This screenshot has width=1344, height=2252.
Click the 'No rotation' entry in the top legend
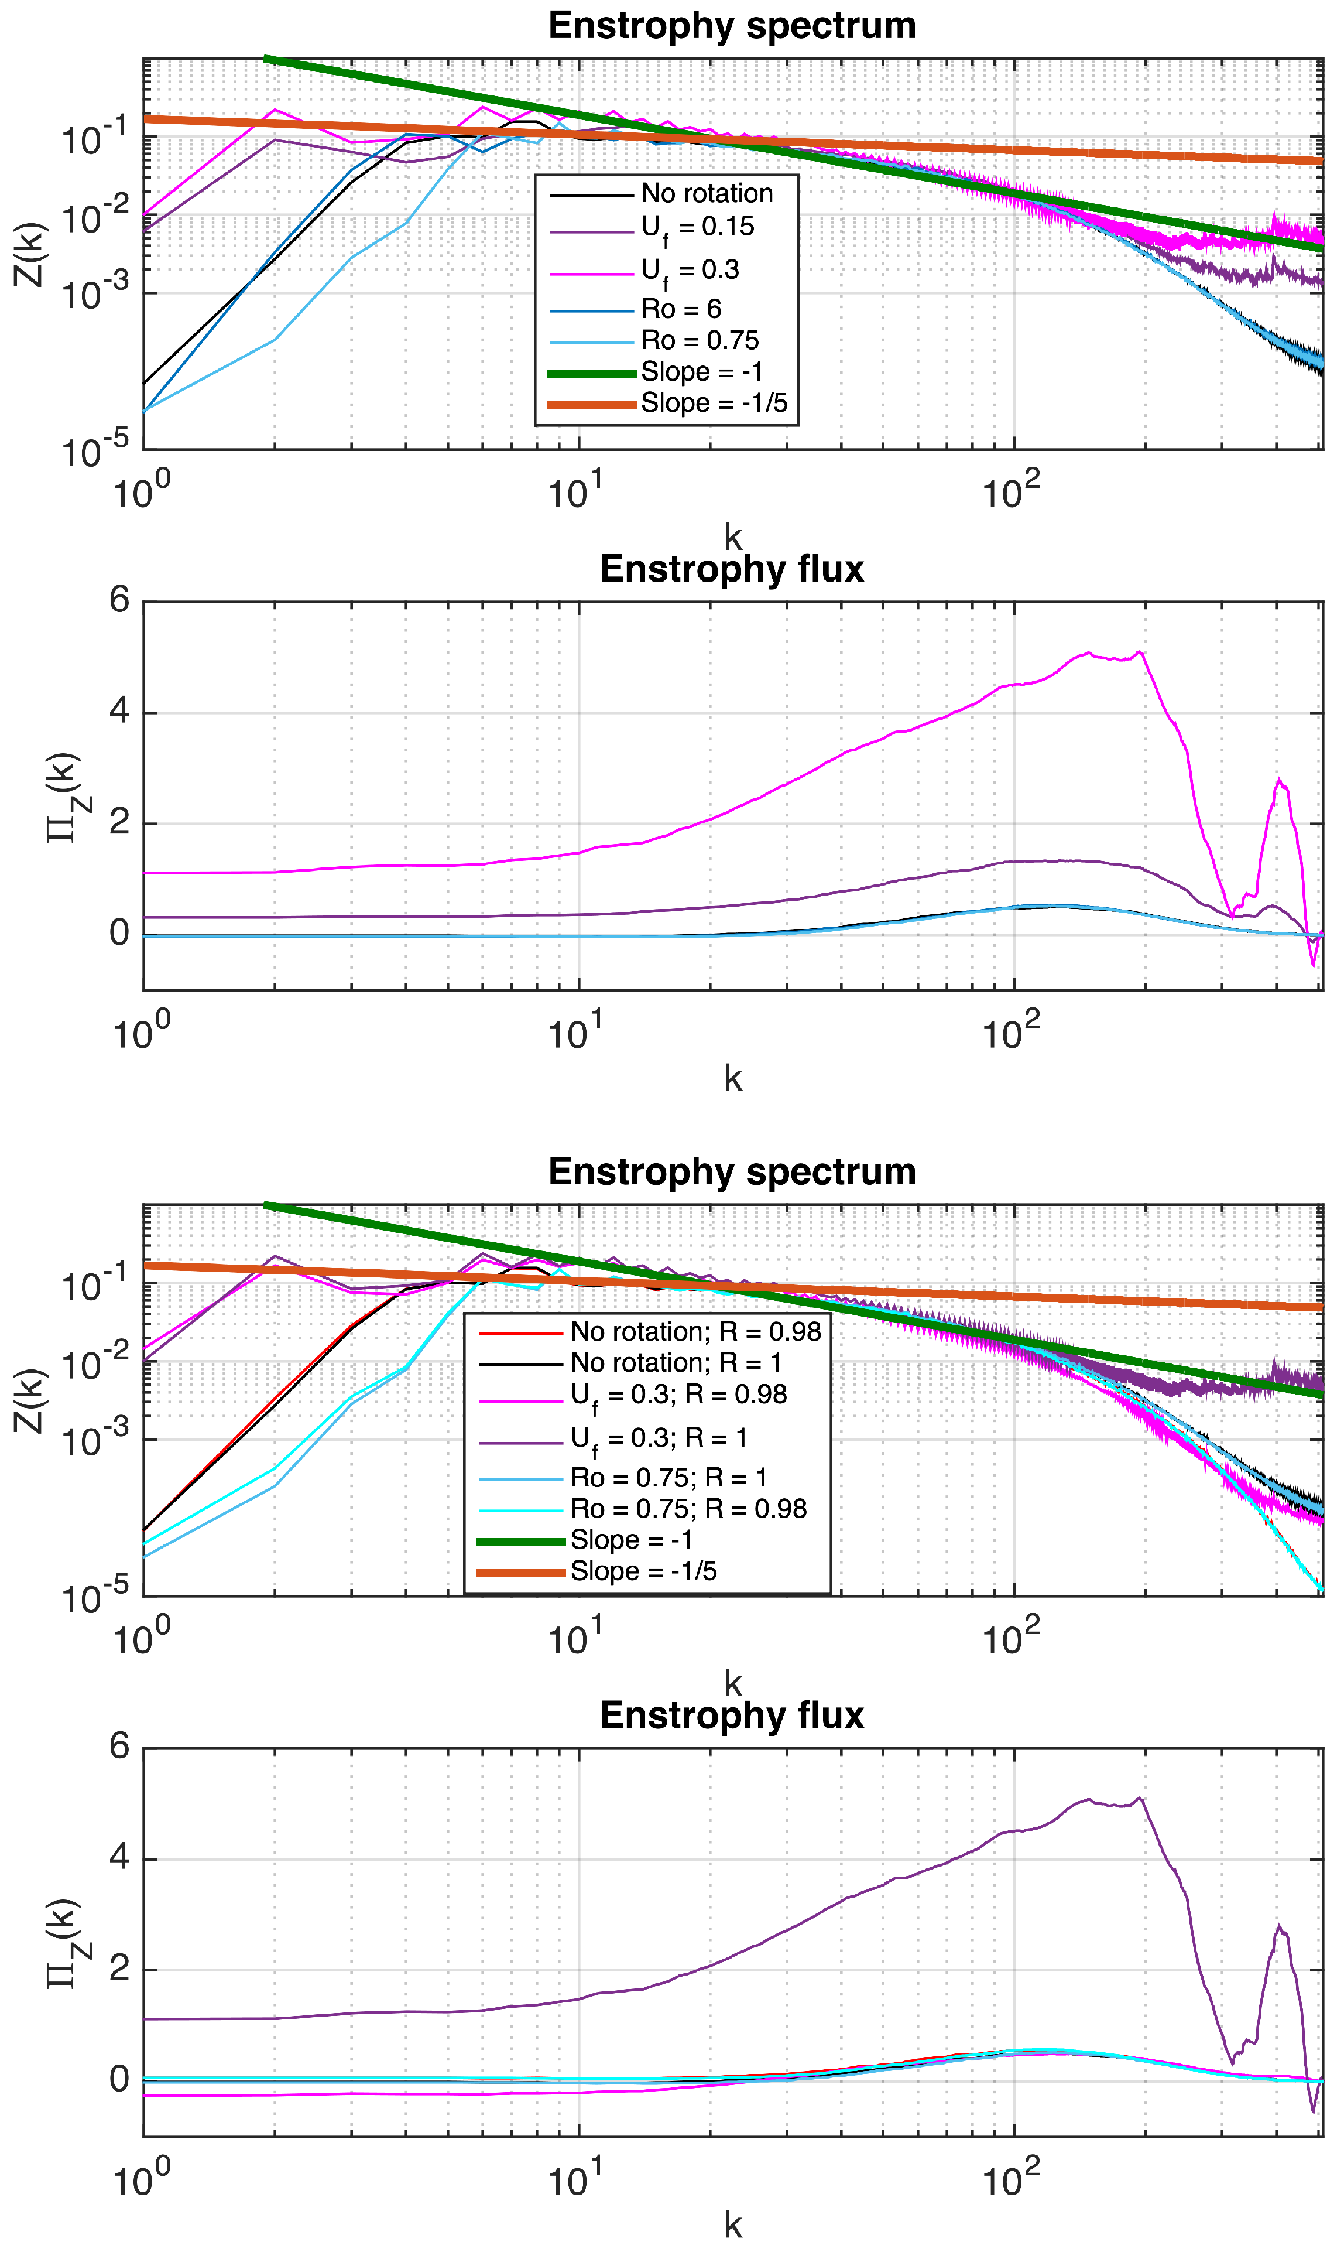(x=707, y=193)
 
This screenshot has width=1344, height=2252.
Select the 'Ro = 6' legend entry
(x=681, y=309)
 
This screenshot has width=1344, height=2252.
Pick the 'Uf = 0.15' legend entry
(x=697, y=227)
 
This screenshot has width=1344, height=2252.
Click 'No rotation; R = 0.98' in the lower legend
(x=695, y=1331)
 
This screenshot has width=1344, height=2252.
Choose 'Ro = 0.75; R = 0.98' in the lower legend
(x=688, y=1508)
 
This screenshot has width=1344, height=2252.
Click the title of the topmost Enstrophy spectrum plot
(x=732, y=25)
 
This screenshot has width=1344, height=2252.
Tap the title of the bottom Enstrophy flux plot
(x=732, y=1715)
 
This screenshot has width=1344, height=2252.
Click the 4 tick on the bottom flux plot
(x=119, y=1858)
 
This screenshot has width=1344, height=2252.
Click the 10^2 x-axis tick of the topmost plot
(x=1011, y=494)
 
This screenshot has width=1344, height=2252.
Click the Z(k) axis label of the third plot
(x=29, y=1400)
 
